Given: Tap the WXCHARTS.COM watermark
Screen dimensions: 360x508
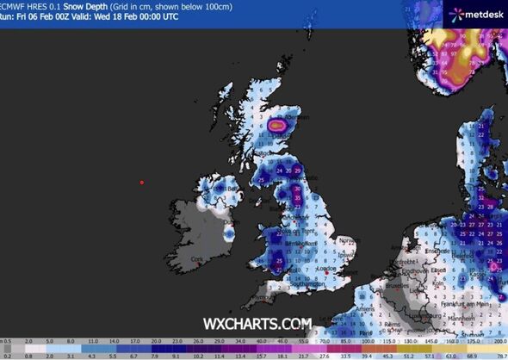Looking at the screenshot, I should [257, 324].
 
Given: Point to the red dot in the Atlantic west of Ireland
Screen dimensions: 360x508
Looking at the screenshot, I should [142, 183].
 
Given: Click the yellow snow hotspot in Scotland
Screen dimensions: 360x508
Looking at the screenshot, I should [276, 125].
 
